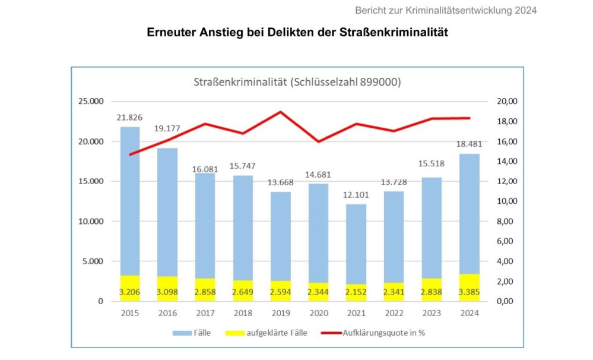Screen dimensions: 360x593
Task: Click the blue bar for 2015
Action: [x=130, y=199]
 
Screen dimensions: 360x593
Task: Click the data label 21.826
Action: [x=130, y=118]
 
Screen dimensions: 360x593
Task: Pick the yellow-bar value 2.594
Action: [x=281, y=292]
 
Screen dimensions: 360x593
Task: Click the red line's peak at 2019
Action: [x=281, y=112]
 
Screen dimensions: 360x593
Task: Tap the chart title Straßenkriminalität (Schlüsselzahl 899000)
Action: [x=297, y=82]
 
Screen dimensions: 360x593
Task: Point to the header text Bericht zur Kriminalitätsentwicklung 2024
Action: [x=446, y=10]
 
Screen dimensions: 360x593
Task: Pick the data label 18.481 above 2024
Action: [x=469, y=144]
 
